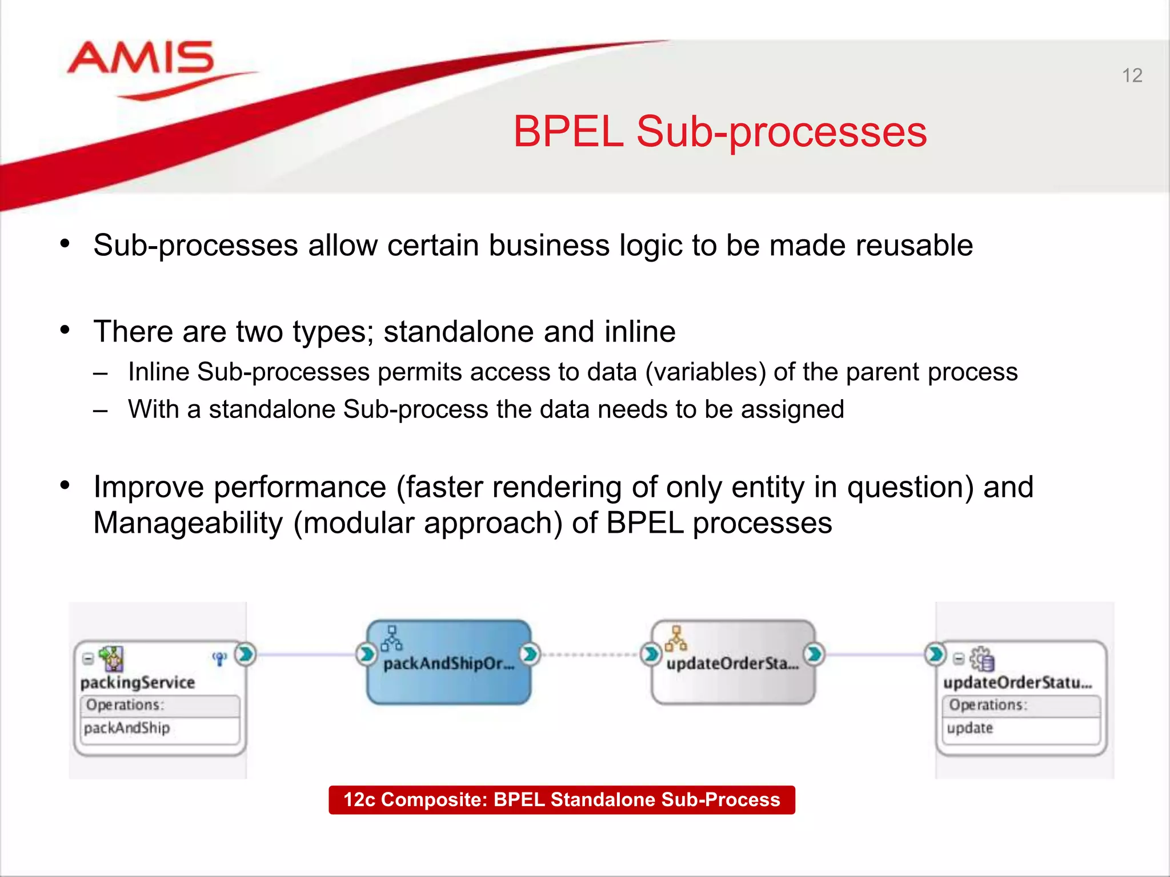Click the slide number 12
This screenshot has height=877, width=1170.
coord(1132,75)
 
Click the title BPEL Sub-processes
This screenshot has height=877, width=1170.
coord(720,132)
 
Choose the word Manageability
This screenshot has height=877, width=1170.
coord(188,523)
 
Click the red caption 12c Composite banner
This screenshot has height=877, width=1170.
coord(562,799)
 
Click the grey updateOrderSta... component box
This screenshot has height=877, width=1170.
coord(732,682)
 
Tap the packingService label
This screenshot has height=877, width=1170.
coord(138,682)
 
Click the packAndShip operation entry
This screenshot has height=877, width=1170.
coord(127,728)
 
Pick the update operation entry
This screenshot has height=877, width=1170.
coord(969,728)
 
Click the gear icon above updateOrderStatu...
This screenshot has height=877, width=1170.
coord(982,659)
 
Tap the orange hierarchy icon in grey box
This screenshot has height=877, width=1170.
coord(676,639)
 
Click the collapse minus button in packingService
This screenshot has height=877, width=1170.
coord(88,658)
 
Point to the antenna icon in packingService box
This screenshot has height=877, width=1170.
coord(219,659)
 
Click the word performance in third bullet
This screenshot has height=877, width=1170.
coord(300,488)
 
